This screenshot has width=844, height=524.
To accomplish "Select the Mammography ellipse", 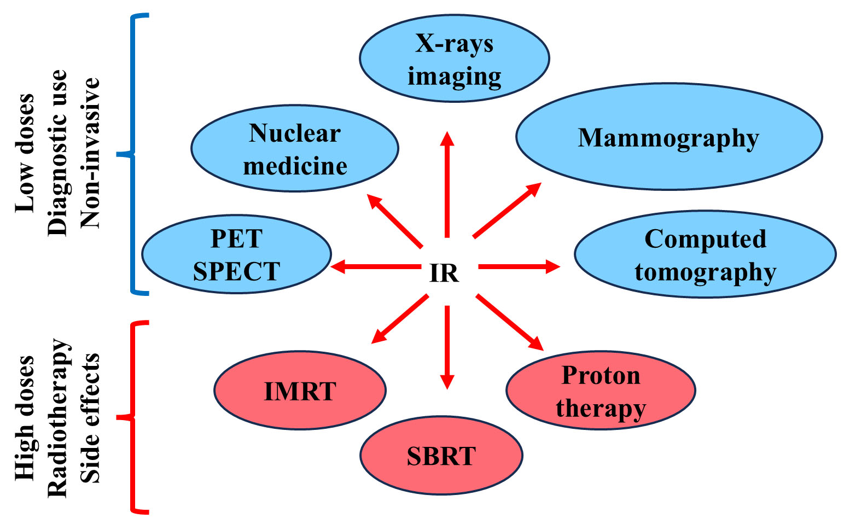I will (x=668, y=137).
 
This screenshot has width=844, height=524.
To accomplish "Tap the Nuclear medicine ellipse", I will (x=294, y=148).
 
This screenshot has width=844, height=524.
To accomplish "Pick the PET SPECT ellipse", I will (x=236, y=254).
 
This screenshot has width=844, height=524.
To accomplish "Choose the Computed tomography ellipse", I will (x=705, y=254).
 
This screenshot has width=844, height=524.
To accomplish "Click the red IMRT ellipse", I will (x=300, y=391).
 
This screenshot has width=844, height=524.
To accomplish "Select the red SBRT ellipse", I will (x=441, y=456).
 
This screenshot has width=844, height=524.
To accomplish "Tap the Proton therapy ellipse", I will (x=601, y=391).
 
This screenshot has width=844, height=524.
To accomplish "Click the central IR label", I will (x=444, y=273).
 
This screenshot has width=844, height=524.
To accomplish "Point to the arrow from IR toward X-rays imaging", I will (x=447, y=186).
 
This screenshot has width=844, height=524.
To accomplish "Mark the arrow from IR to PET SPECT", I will (x=375, y=267).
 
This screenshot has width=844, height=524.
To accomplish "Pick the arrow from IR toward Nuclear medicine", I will (x=394, y=220).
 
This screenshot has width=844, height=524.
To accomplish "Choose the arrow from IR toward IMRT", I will (x=400, y=319).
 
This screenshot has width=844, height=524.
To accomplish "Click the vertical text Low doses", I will (x=25, y=153).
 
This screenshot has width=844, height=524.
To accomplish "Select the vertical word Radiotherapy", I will (x=58, y=418).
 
